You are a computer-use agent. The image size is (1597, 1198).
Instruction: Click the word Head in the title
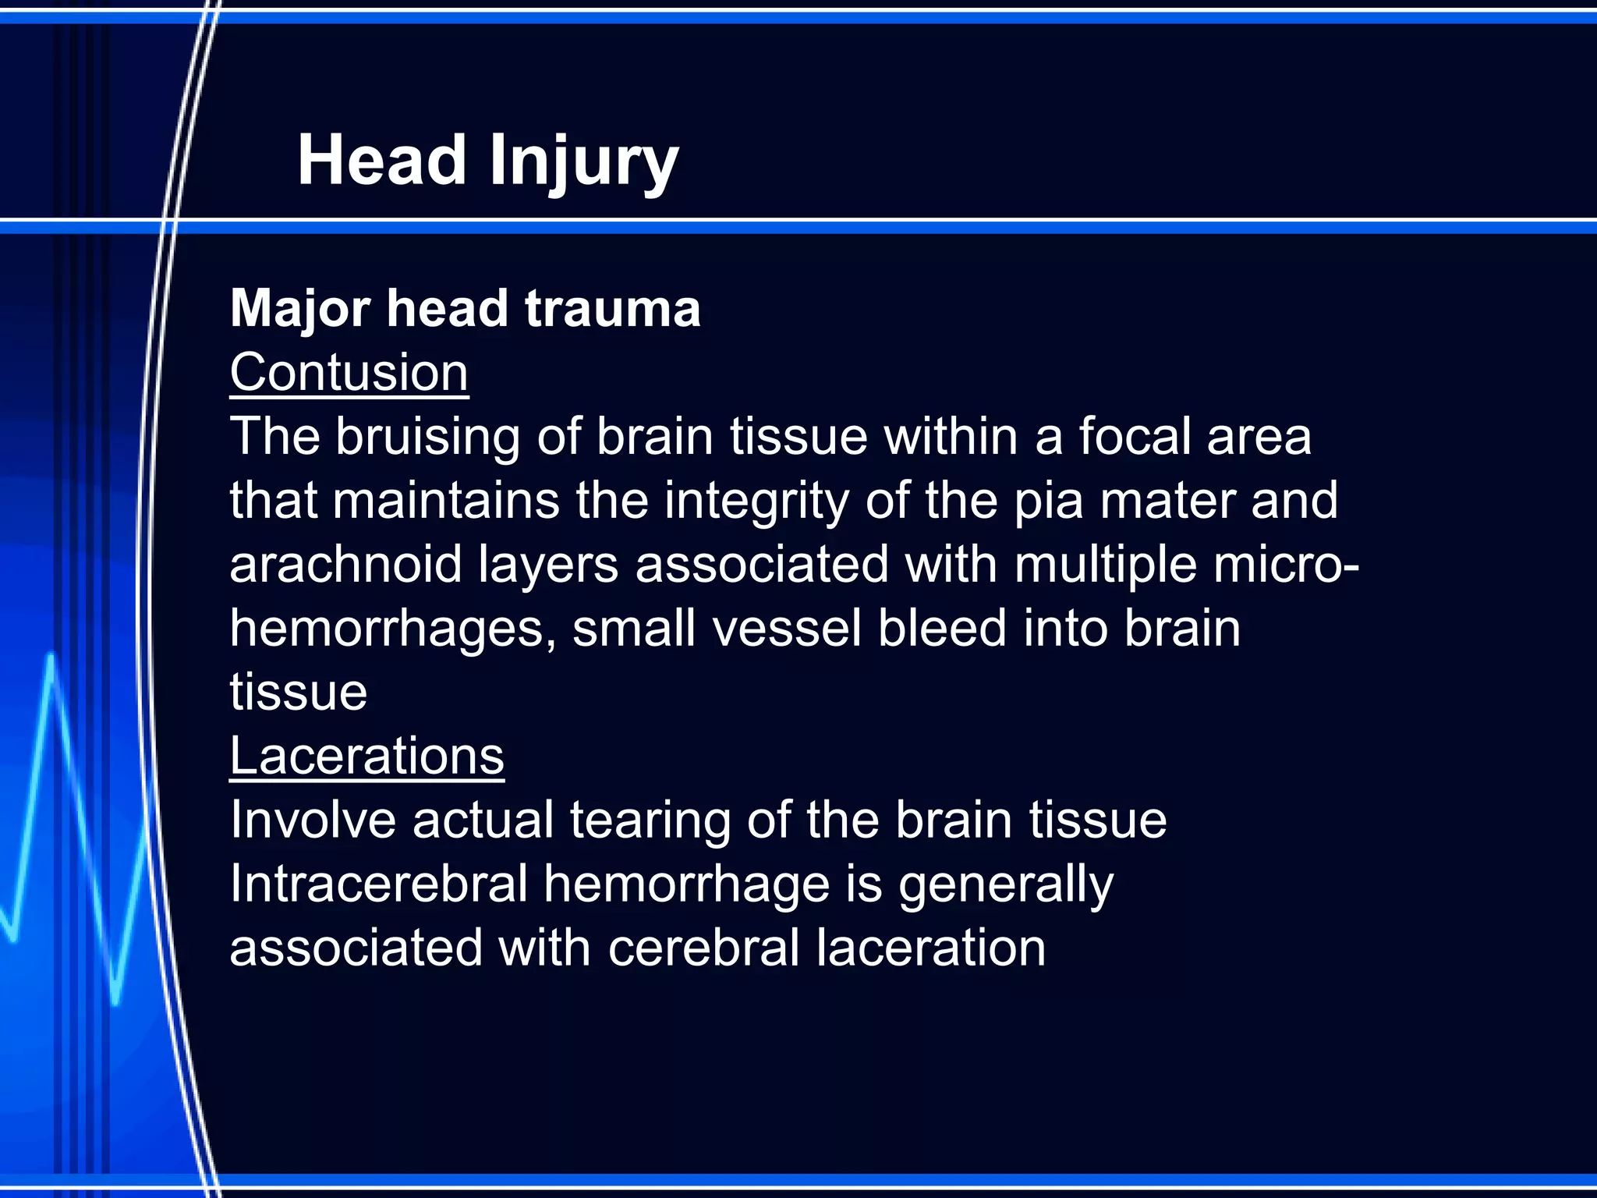[x=381, y=161]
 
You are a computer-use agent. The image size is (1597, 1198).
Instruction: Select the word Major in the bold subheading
[x=299, y=310]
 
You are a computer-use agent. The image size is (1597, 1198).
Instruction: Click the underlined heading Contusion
[x=349, y=373]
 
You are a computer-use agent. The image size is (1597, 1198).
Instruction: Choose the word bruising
[x=427, y=438]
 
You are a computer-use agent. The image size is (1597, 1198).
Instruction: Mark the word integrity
[x=756, y=502]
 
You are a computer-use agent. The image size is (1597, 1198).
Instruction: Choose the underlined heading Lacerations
[x=366, y=757]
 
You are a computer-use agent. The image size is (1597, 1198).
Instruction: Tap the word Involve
[x=313, y=821]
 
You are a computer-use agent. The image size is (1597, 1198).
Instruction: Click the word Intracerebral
[x=379, y=884]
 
